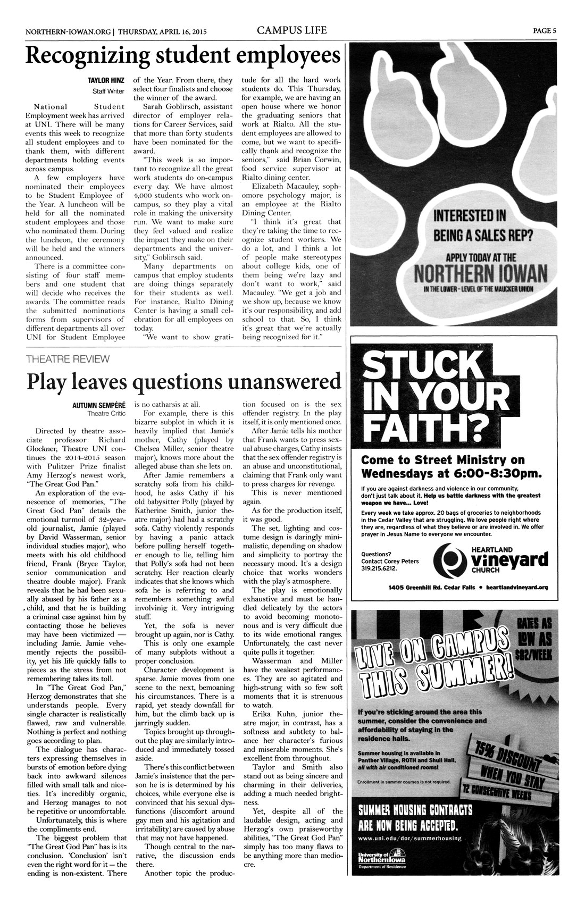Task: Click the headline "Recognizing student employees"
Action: point(182,56)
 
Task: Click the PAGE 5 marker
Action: point(545,30)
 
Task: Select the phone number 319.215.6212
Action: point(379,568)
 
